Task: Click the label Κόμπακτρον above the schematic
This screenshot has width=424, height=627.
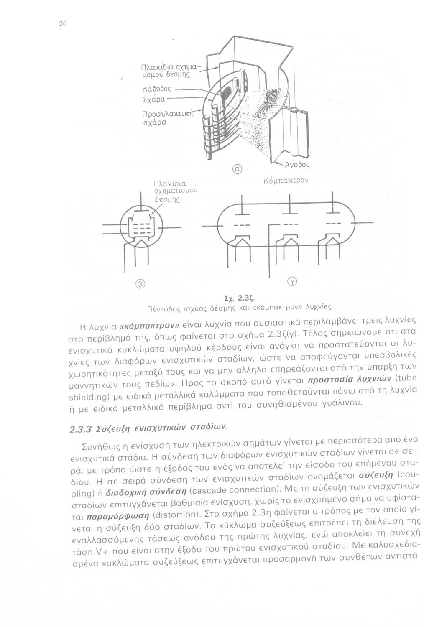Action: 286,181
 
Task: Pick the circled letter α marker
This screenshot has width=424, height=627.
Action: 236,169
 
